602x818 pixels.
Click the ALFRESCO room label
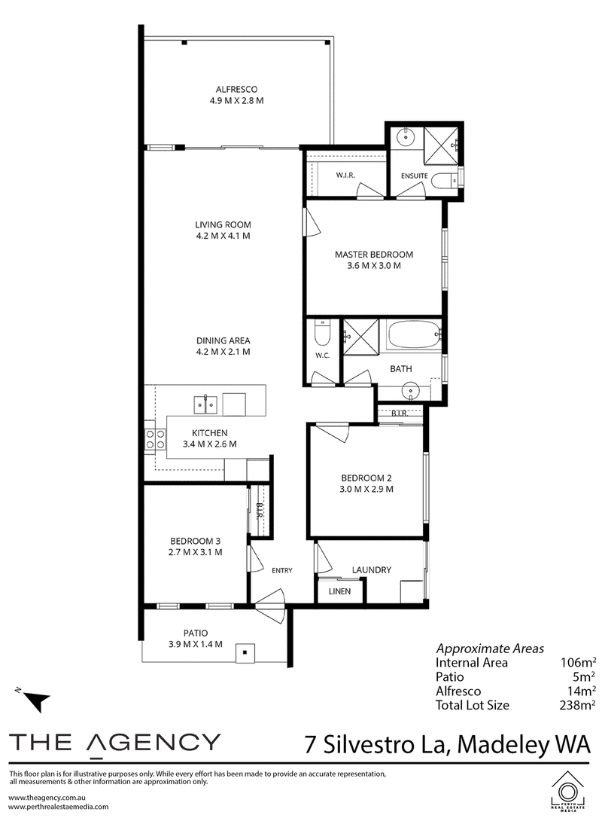236,89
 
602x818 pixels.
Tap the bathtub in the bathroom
413,335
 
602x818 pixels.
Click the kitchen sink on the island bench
206,404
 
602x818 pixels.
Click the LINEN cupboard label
339,591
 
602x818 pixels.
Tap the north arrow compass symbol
35,698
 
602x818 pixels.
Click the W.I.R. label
345,176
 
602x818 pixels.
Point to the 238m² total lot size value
577,705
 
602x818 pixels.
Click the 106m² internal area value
577,663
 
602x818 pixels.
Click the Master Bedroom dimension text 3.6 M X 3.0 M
374,266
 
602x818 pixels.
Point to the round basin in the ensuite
405,137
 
